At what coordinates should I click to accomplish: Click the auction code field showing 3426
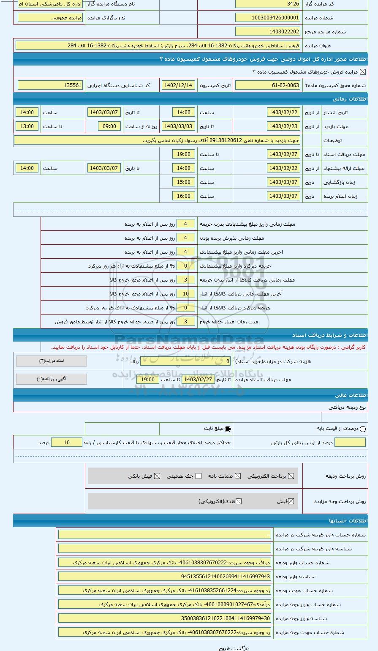(268, 4)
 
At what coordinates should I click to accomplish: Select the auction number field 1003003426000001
(268, 18)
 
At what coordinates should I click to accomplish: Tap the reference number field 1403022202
(268, 32)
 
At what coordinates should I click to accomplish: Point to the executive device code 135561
(50, 85)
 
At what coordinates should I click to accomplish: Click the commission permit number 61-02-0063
(268, 85)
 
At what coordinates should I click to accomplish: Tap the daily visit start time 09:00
(109, 126)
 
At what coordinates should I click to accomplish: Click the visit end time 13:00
(27, 126)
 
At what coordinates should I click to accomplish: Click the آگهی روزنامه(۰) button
(52, 379)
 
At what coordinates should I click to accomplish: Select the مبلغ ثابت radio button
(228, 429)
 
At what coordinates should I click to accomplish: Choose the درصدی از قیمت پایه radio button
(362, 429)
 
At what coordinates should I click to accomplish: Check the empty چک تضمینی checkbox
(199, 476)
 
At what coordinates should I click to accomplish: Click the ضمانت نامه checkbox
(238, 476)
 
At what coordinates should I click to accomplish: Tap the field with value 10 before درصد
(67, 443)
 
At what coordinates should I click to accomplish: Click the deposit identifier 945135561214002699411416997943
(165, 577)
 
